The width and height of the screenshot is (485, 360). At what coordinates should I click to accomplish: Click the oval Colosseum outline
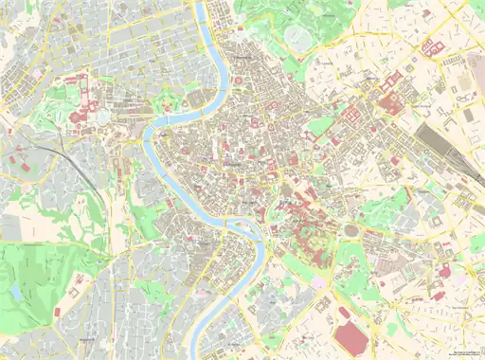[x=353, y=230]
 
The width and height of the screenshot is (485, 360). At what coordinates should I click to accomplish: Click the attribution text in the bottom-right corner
[x=466, y=353]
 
